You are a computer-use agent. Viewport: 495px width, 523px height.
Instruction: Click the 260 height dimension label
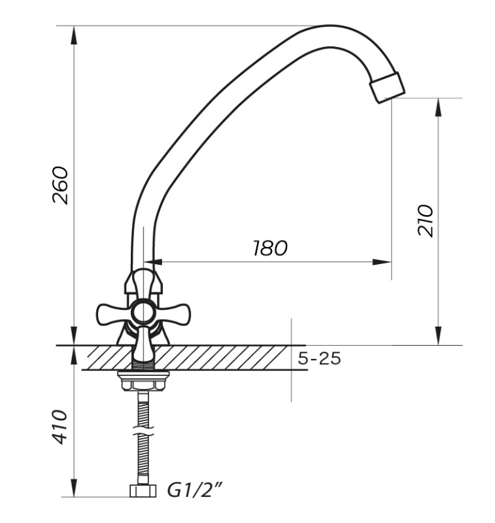[x=60, y=185]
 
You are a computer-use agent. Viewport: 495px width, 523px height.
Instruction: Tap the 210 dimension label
[x=426, y=221]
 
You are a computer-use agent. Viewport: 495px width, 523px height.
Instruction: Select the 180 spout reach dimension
[x=270, y=248]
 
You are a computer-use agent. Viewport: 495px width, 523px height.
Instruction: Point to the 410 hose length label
[x=60, y=427]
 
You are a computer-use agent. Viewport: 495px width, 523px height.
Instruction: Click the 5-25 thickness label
[x=319, y=359]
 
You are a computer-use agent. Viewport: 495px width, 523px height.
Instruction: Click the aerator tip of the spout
[x=387, y=88]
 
